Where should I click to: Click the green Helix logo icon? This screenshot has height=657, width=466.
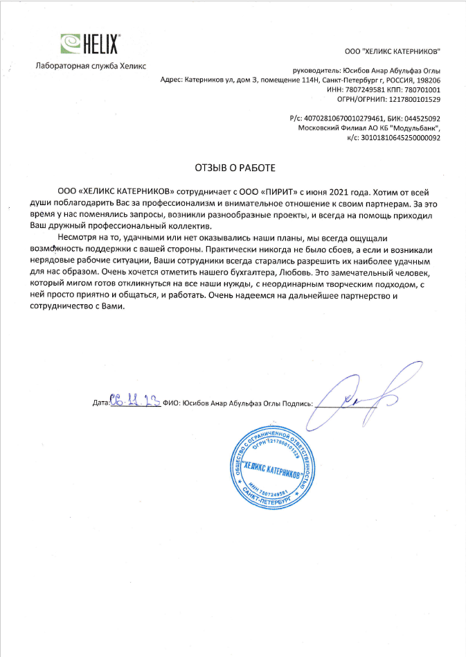point(71,44)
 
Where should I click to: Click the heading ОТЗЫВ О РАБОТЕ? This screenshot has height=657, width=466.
point(234,168)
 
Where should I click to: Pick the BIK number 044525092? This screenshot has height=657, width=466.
point(419,119)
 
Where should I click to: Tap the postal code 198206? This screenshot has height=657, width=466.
point(429,80)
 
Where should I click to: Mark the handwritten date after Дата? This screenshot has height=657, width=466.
point(135,400)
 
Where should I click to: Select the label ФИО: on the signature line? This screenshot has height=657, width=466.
point(172,402)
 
